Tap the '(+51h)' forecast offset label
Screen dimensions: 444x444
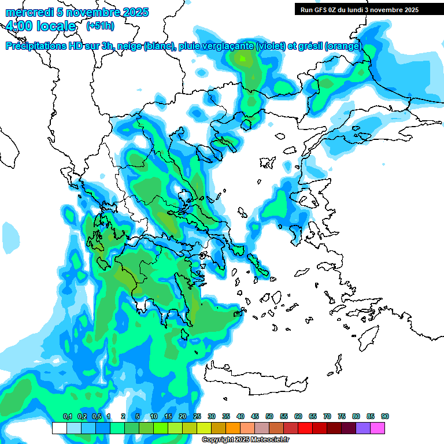point(100,26)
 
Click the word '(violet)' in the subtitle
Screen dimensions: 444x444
point(274,46)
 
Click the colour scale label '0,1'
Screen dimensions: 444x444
point(67,417)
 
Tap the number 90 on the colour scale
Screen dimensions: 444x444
point(385,417)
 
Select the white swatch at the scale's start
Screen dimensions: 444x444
point(59,428)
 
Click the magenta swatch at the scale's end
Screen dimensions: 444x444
point(378,428)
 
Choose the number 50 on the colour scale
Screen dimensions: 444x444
point(269,417)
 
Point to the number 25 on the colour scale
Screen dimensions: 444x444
point(197,417)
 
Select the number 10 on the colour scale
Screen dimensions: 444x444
point(154,417)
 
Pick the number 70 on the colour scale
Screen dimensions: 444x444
point(327,417)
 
